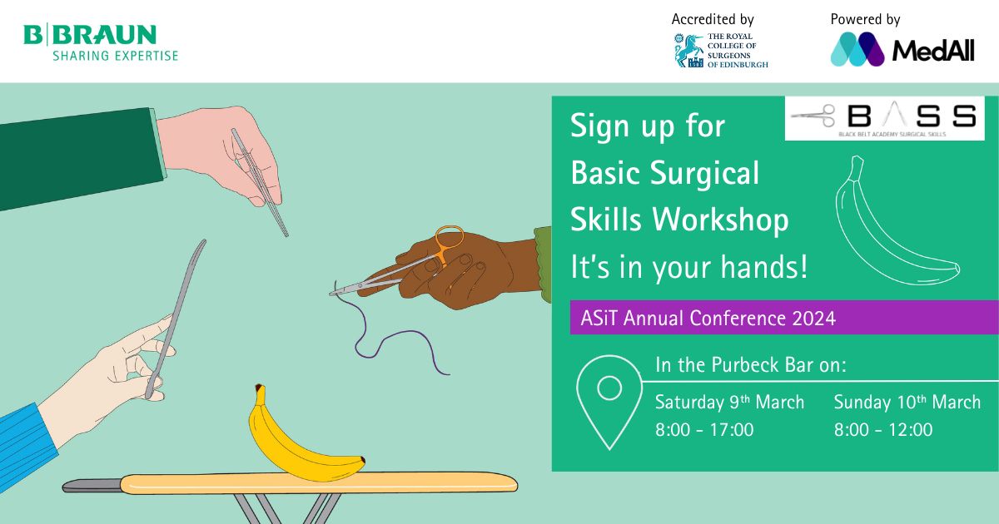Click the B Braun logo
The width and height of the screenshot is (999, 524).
pyautogui.click(x=101, y=42)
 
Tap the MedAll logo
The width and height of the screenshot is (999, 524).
pyautogui.click(x=902, y=49)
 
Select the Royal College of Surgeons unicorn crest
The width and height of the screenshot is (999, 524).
pyautogui.click(x=688, y=51)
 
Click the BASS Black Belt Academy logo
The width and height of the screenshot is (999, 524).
pyautogui.click(x=884, y=118)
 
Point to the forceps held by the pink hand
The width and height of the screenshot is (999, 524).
pyautogui.click(x=261, y=183)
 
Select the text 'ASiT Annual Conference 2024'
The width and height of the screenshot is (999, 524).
pyautogui.click(x=708, y=318)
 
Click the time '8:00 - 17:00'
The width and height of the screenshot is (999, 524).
pyautogui.click(x=704, y=430)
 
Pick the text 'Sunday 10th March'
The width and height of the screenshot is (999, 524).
pyautogui.click(x=907, y=402)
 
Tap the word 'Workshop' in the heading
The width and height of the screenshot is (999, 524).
pyautogui.click(x=720, y=220)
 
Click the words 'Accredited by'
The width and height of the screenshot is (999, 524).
pyautogui.click(x=713, y=19)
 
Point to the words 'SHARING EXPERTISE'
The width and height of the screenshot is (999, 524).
pyautogui.click(x=116, y=56)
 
